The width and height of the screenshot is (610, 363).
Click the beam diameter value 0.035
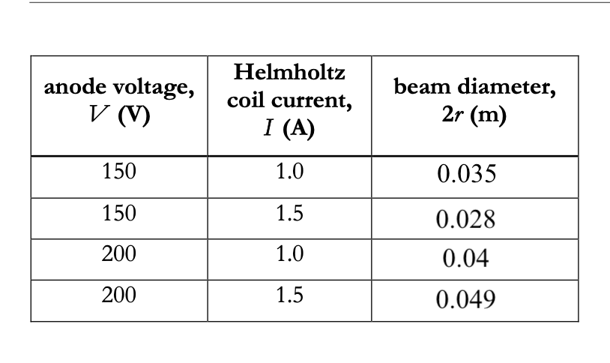point(466,176)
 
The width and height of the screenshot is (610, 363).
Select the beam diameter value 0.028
point(466,219)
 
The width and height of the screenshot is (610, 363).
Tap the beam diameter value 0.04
point(466,259)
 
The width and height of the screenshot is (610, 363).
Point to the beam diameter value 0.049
point(466,301)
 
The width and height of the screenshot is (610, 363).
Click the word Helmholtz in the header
point(289,73)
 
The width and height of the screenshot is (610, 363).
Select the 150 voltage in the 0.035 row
point(119,172)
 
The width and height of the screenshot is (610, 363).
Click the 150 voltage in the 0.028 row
point(119,214)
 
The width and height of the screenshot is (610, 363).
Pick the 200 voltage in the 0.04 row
point(119,254)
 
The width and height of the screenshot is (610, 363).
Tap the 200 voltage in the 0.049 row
point(119,295)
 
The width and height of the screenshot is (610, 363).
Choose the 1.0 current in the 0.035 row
point(289,172)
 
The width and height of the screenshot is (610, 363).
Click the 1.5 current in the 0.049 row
point(289,295)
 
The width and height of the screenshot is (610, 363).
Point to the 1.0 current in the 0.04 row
point(289,254)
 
